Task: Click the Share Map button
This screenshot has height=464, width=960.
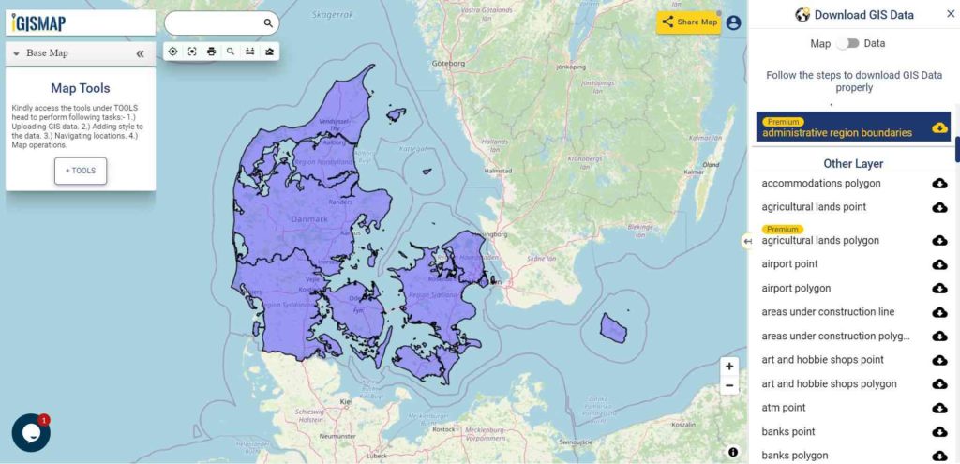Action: coord(689,22)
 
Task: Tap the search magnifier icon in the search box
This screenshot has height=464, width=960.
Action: coord(268,23)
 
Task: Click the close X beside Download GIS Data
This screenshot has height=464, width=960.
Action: coord(950,14)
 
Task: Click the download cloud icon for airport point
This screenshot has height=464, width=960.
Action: coord(939,264)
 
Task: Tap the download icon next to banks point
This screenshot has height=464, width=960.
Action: coord(939,432)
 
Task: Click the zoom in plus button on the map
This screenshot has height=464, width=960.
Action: coord(730,366)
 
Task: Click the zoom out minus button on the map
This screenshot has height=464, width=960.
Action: coord(730,386)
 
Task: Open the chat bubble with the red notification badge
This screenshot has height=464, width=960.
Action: coord(31,433)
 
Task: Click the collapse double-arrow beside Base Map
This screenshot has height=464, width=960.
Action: coord(140,53)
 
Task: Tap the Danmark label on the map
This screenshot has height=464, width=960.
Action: coord(309,219)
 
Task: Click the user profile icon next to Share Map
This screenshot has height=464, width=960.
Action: coord(733,22)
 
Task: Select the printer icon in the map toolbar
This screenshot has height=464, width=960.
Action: coord(211,52)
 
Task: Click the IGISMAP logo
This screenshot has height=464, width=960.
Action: coord(40,22)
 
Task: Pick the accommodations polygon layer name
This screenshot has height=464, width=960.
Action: coord(821,183)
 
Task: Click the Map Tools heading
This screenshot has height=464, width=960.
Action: coord(81,88)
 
